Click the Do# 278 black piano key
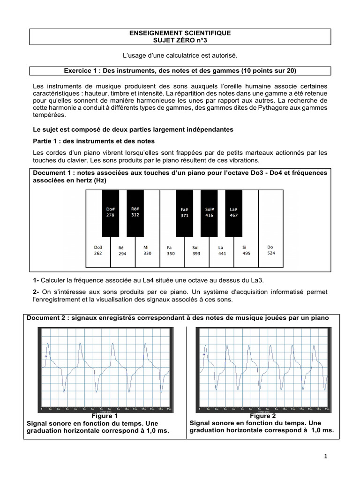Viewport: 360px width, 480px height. pyautogui.click(x=111, y=212)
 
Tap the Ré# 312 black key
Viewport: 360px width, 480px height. pyautogui.click(x=135, y=212)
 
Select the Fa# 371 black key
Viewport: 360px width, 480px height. pyautogui.click(x=184, y=212)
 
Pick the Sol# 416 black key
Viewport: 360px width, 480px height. pyautogui.click(x=209, y=212)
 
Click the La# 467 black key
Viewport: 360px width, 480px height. pyautogui.click(x=233, y=212)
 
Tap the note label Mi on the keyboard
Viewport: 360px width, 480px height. pyautogui.click(x=147, y=247)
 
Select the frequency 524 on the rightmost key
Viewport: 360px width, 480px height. pyautogui.click(x=271, y=253)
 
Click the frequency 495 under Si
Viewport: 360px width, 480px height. pyautogui.click(x=246, y=253)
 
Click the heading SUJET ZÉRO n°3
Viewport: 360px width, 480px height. pyautogui.click(x=180, y=41)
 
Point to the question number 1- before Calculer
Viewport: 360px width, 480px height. pyautogui.click(x=36, y=280)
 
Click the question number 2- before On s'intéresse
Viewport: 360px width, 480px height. pyautogui.click(x=36, y=292)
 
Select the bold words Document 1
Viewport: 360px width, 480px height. pyautogui.click(x=52, y=173)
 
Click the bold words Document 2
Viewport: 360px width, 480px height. pyautogui.click(x=45, y=318)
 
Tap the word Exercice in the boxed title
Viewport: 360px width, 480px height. pyautogui.click(x=77, y=71)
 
